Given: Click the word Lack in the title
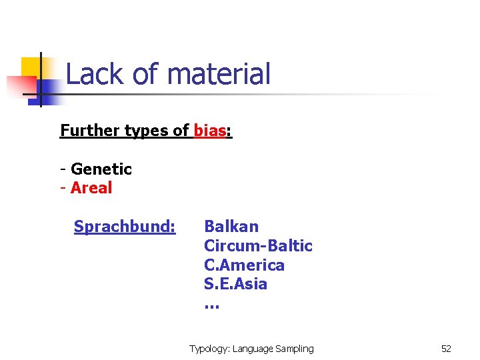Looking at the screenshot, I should pyautogui.click(x=87, y=74).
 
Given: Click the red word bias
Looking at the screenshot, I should pyautogui.click(x=210, y=131).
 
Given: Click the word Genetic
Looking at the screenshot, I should pyautogui.click(x=101, y=169).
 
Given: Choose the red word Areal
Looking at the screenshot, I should pyautogui.click(x=91, y=188).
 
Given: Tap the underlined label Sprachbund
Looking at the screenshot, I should pyautogui.click(x=125, y=227).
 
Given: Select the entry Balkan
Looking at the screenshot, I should pyautogui.click(x=231, y=227).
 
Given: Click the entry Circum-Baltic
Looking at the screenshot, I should pyautogui.click(x=258, y=246).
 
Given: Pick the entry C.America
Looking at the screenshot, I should pyautogui.click(x=244, y=265).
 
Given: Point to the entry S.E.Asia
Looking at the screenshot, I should pyautogui.click(x=235, y=284).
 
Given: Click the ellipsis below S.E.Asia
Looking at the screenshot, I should pyautogui.click(x=211, y=305).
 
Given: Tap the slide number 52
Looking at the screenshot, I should pyautogui.click(x=446, y=349).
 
